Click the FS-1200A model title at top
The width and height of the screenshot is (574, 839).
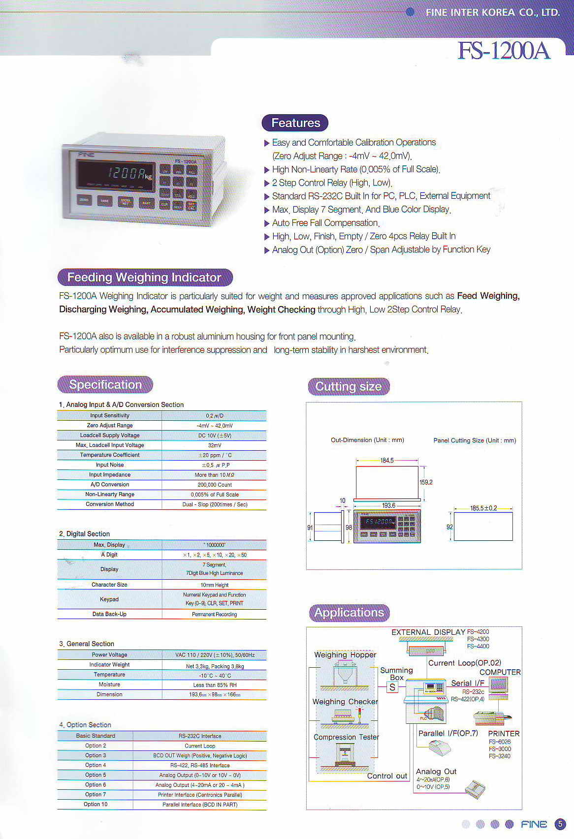click(x=503, y=50)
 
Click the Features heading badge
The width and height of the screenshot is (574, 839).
click(x=295, y=123)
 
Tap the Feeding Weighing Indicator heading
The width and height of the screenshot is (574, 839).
click(x=144, y=278)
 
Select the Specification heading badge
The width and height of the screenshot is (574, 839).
click(x=105, y=385)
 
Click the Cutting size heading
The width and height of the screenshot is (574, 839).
click(x=349, y=387)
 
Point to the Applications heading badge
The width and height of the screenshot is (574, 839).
click(x=349, y=613)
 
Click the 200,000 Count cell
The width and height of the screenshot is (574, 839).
click(x=215, y=485)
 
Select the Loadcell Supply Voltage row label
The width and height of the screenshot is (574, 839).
click(x=110, y=435)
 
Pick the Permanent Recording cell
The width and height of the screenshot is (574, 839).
click(x=215, y=614)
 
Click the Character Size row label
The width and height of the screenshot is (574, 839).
click(x=109, y=585)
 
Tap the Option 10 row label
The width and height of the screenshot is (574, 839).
click(x=96, y=804)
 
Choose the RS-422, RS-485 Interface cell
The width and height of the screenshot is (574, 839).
click(x=200, y=765)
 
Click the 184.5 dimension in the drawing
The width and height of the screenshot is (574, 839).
click(x=387, y=461)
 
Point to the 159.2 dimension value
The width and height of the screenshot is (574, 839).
click(x=426, y=482)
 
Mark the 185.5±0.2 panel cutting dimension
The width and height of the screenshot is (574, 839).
click(x=483, y=508)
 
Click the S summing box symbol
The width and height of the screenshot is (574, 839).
click(x=392, y=687)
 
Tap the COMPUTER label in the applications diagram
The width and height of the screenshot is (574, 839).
click(x=500, y=672)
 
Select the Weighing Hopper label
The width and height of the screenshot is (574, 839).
click(x=345, y=655)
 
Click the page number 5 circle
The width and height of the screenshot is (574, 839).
click(x=560, y=824)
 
